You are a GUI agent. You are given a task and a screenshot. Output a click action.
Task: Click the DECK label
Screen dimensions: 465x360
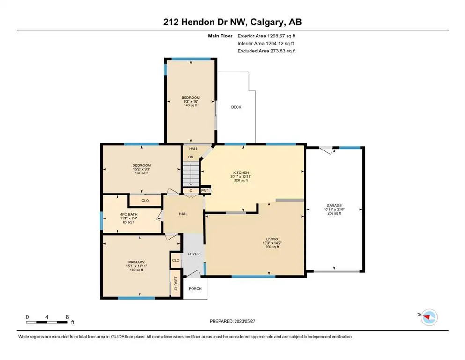[236, 107]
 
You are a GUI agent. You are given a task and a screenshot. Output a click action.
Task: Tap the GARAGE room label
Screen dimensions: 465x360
[334, 205]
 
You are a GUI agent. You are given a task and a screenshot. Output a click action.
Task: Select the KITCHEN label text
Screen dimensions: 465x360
[241, 172]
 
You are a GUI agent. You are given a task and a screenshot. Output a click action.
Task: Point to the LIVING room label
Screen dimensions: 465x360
[272, 239]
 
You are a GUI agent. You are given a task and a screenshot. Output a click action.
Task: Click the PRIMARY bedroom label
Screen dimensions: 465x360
[136, 262]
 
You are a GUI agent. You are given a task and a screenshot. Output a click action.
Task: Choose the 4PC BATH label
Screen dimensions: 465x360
[129, 214]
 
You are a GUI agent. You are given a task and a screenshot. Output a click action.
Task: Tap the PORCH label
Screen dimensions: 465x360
[195, 288]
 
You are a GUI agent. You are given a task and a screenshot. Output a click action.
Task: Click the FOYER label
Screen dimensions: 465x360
[194, 254]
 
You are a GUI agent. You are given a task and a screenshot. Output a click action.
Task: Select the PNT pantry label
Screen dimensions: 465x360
[205, 190]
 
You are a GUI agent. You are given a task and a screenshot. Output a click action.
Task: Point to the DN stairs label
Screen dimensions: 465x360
[191, 157]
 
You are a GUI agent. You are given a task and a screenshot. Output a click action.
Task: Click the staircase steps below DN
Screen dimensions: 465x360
[191, 173]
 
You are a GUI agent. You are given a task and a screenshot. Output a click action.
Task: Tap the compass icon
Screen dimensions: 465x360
[429, 317]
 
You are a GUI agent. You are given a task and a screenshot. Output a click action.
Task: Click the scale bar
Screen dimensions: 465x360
[47, 322]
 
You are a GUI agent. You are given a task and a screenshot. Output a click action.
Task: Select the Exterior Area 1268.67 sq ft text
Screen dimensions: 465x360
[266, 36]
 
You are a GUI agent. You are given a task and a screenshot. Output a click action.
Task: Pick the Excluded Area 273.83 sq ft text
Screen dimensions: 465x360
[266, 51]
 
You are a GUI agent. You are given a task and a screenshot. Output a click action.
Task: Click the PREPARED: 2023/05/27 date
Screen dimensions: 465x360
[232, 321]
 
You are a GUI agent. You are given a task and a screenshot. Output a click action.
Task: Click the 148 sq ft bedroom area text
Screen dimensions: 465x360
[191, 105]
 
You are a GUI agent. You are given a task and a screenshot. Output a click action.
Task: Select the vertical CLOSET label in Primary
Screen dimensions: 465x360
[176, 284]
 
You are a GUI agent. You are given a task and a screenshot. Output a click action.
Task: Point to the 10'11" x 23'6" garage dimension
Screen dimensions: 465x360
[334, 209]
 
